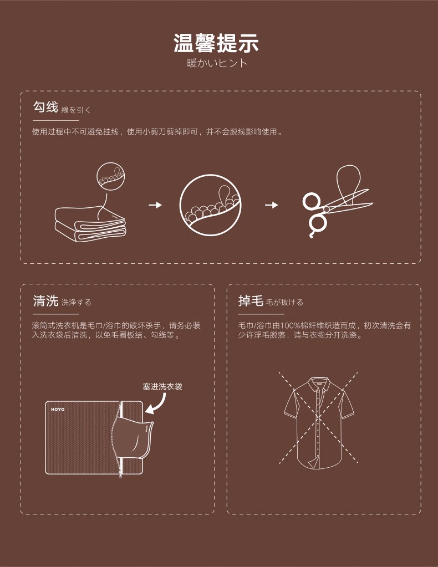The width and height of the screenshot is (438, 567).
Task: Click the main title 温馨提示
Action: [x=218, y=43]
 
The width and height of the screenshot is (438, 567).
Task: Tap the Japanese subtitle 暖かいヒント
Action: [x=218, y=63]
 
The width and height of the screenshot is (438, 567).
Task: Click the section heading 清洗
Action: [x=45, y=302]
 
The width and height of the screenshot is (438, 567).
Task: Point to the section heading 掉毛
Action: [x=250, y=302]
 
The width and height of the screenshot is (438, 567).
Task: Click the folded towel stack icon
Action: [x=90, y=224]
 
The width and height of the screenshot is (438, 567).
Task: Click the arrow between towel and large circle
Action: [x=156, y=205]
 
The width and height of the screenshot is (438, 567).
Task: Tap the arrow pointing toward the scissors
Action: [x=271, y=205]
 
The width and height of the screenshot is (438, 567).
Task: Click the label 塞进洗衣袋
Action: [x=162, y=386]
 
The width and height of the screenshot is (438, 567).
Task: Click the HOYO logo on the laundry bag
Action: [x=58, y=410]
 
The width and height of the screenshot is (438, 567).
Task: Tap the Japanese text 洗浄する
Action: [x=77, y=303]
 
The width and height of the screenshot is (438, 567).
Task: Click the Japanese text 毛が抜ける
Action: [x=284, y=303]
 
